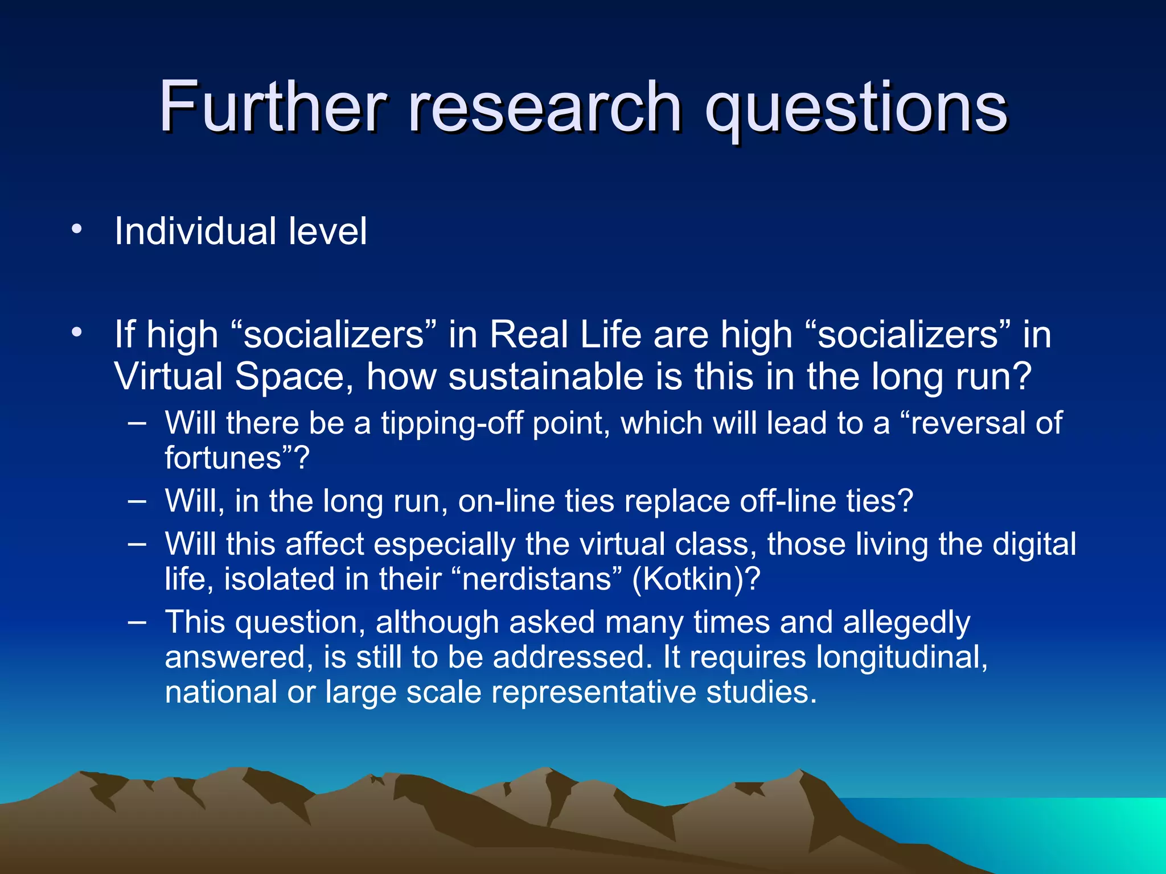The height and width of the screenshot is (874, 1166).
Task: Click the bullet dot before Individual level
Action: click(77, 229)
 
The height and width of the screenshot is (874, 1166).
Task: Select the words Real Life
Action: click(565, 334)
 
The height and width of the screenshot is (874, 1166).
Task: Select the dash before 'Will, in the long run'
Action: click(137, 501)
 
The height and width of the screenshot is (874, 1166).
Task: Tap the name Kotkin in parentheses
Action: click(695, 579)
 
